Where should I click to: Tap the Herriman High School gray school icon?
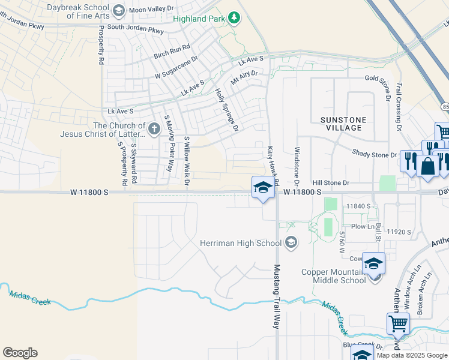point(291,242)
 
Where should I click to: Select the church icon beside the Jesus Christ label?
point(154,128)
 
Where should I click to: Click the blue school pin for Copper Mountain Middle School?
point(373,264)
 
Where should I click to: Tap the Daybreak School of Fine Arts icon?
point(118,10)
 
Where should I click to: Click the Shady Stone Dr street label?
point(375,154)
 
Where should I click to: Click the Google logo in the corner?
point(20,353)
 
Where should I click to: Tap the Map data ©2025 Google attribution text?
point(412,355)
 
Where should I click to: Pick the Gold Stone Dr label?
point(388,78)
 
